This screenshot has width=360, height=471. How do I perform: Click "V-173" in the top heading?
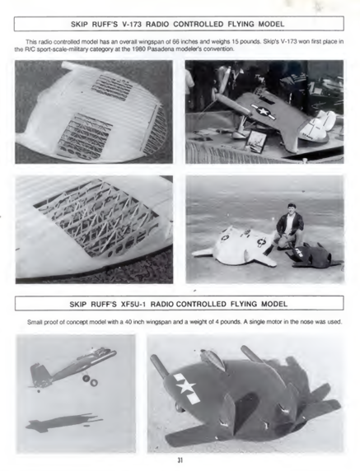click(131, 24)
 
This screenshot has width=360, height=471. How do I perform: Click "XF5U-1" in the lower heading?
click(133, 304)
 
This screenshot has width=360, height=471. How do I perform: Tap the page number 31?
click(180, 460)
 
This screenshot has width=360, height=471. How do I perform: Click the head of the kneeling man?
click(291, 209)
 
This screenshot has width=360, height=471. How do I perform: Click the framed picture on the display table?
click(256, 140)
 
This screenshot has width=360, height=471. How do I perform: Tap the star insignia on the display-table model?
click(264, 111)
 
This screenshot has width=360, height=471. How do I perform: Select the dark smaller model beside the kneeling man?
click(312, 255)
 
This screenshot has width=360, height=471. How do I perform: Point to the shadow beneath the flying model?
click(63, 422)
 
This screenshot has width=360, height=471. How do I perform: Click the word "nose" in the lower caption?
click(305, 322)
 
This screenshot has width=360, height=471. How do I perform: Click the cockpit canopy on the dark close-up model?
click(213, 358)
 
